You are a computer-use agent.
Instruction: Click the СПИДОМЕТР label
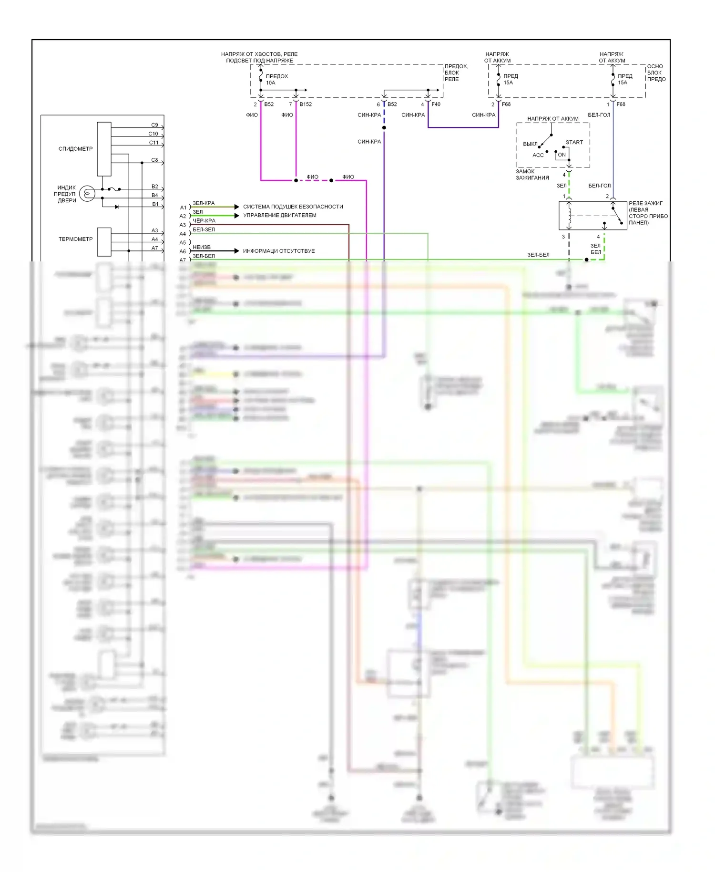pyautogui.click(x=75, y=149)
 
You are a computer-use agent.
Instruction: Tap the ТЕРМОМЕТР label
pyautogui.click(x=75, y=239)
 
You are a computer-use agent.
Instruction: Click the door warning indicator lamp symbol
pyautogui.click(x=87, y=193)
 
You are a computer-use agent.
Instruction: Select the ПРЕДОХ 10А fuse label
pyautogui.click(x=276, y=79)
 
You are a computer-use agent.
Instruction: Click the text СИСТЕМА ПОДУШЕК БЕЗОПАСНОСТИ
pyautogui.click(x=293, y=207)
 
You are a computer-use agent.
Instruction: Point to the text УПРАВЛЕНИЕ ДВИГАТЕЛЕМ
pyautogui.click(x=279, y=215)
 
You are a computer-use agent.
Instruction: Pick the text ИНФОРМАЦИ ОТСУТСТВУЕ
pyautogui.click(x=278, y=251)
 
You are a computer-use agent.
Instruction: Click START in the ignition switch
pyautogui.click(x=574, y=142)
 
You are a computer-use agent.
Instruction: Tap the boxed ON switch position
pyautogui.click(x=562, y=155)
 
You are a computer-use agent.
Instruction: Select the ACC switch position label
pyautogui.click(x=538, y=155)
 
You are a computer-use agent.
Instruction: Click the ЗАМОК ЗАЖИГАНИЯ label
pyautogui.click(x=532, y=175)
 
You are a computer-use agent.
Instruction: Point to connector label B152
pyautogui.click(x=306, y=104)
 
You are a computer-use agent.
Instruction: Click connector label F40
pyautogui.click(x=436, y=104)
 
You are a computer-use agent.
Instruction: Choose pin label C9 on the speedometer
pyautogui.click(x=154, y=125)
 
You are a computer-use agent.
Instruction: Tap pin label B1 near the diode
pyautogui.click(x=155, y=204)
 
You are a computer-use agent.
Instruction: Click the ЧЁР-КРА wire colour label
pyautogui.click(x=204, y=221)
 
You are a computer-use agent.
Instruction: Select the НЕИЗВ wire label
pyautogui.click(x=201, y=247)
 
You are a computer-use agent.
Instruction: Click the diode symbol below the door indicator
pyautogui.click(x=117, y=207)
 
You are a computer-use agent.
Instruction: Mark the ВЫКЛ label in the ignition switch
pyautogui.click(x=530, y=144)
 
